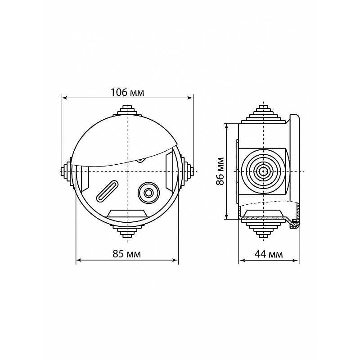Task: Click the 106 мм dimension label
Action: tap(127, 93)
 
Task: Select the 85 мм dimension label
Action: tap(126, 254)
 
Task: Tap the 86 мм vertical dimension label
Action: tap(220, 171)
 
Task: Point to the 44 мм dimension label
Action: tap(269, 254)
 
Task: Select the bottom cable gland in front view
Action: tap(127, 232)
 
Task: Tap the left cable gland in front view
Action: tap(66, 171)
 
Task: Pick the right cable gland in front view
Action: tap(187, 171)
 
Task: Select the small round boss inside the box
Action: tap(149, 193)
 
